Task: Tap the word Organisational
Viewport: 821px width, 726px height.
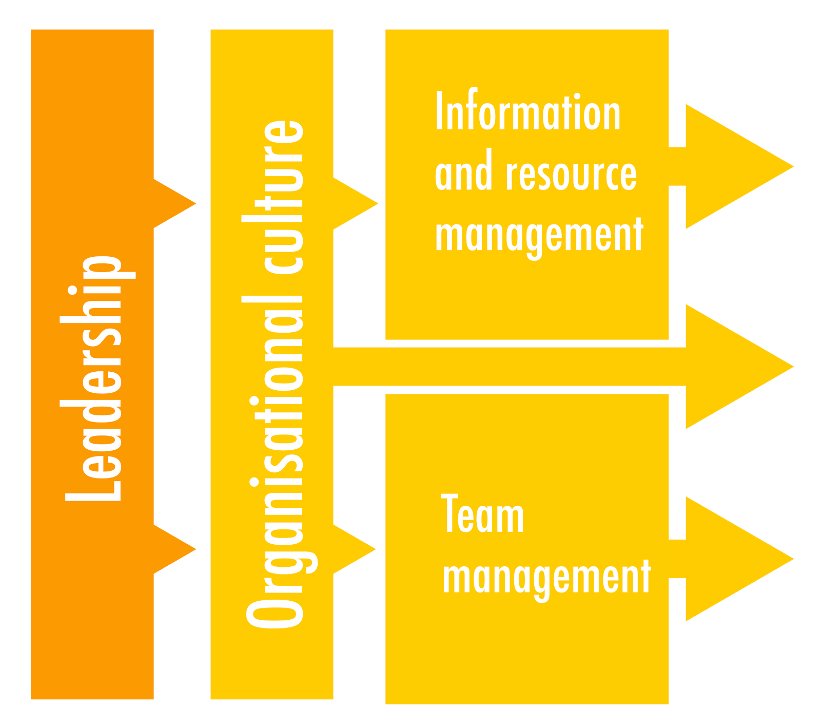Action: (277, 462)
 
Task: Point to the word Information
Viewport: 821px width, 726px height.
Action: (528, 112)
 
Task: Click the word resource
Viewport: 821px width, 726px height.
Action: (571, 174)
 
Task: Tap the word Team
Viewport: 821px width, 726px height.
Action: (482, 514)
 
